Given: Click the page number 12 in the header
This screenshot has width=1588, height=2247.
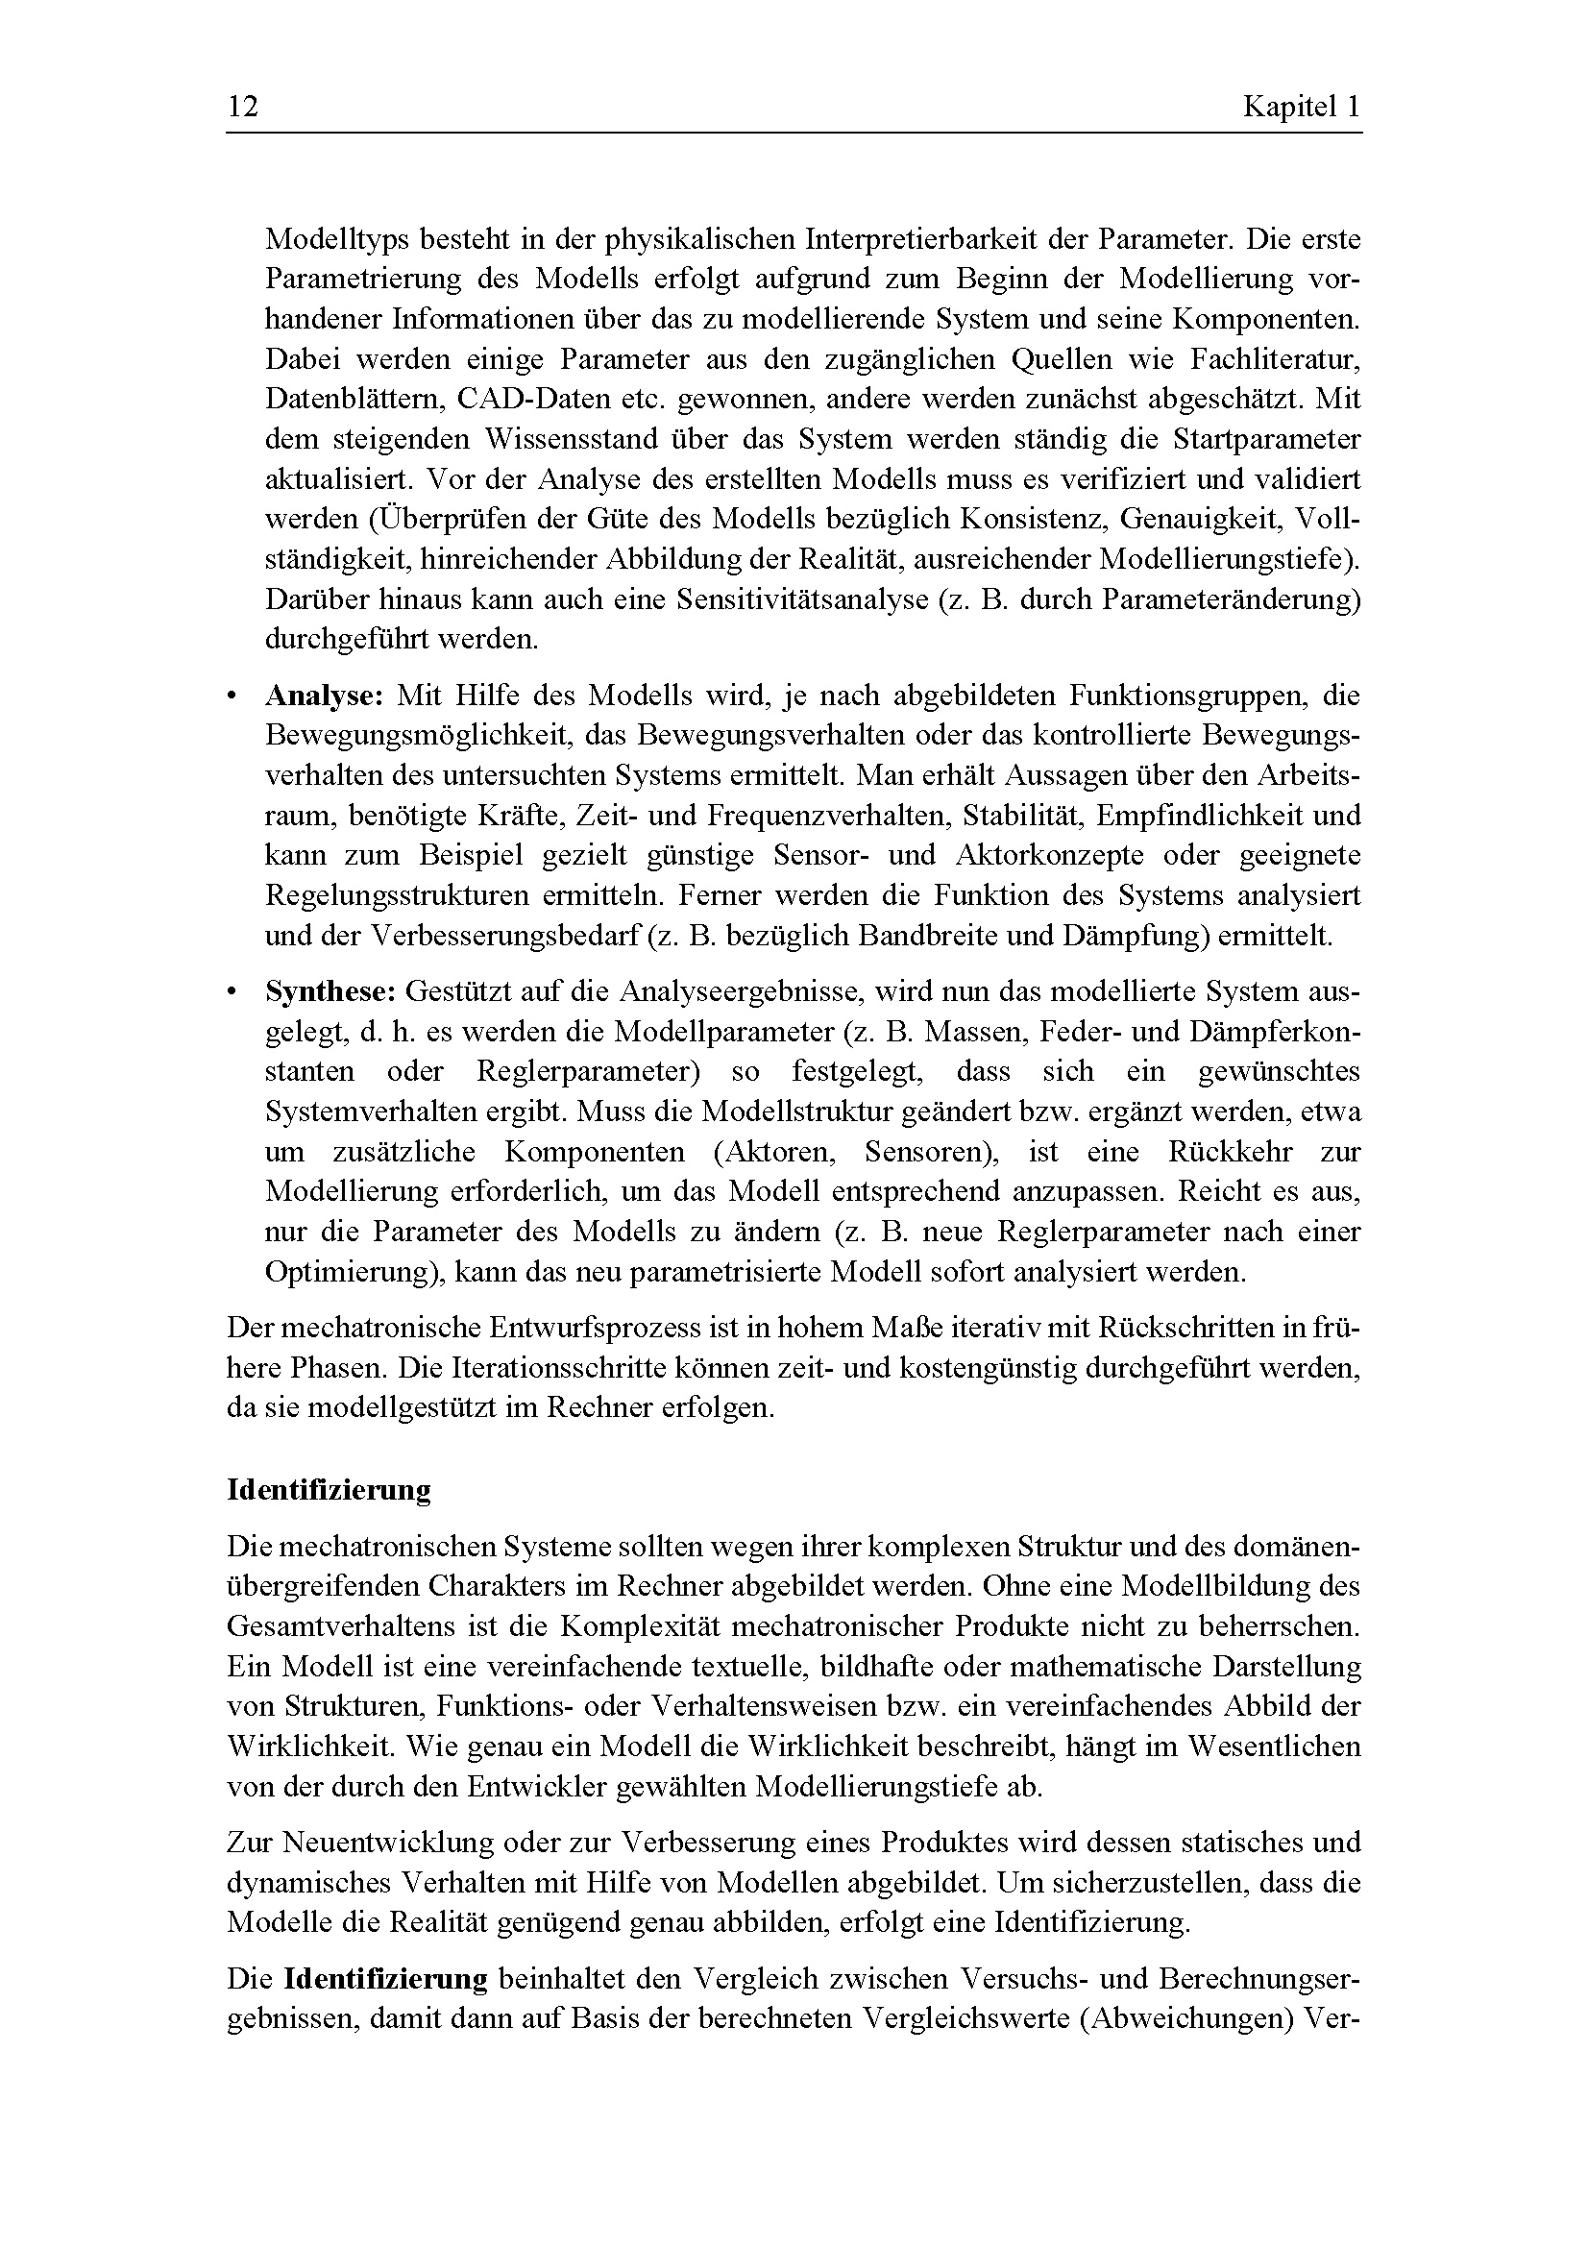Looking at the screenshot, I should coord(243,107).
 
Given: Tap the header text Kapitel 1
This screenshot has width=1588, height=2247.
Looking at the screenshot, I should coord(1302,107).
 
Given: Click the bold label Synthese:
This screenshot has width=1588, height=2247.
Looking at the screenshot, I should coord(330,992).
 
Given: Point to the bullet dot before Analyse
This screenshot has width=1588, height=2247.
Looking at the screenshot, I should coord(232,697).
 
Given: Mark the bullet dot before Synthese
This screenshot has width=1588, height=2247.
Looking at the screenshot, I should coord(232,993).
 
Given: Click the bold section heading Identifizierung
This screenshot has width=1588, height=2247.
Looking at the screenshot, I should coord(329,1490).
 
